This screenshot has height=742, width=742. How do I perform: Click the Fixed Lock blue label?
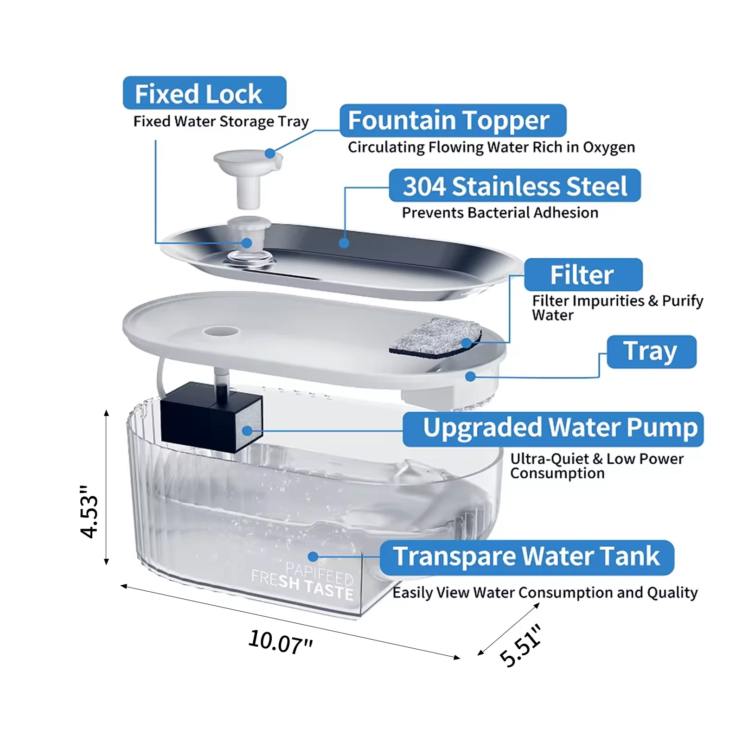(x=204, y=93)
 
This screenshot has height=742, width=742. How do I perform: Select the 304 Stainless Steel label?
(x=514, y=186)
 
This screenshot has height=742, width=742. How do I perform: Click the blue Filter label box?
(x=583, y=275)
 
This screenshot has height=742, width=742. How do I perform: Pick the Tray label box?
(x=651, y=351)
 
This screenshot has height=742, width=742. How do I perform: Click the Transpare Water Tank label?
(x=526, y=556)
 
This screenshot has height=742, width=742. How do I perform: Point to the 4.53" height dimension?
(x=89, y=512)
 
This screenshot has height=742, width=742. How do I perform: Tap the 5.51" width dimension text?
(x=520, y=645)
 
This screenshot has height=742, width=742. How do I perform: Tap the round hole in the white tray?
(x=221, y=331)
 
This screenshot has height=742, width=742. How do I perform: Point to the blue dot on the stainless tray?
(x=344, y=243)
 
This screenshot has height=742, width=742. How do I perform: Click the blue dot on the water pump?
(x=247, y=431)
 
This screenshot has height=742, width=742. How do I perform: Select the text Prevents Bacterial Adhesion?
(x=500, y=213)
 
